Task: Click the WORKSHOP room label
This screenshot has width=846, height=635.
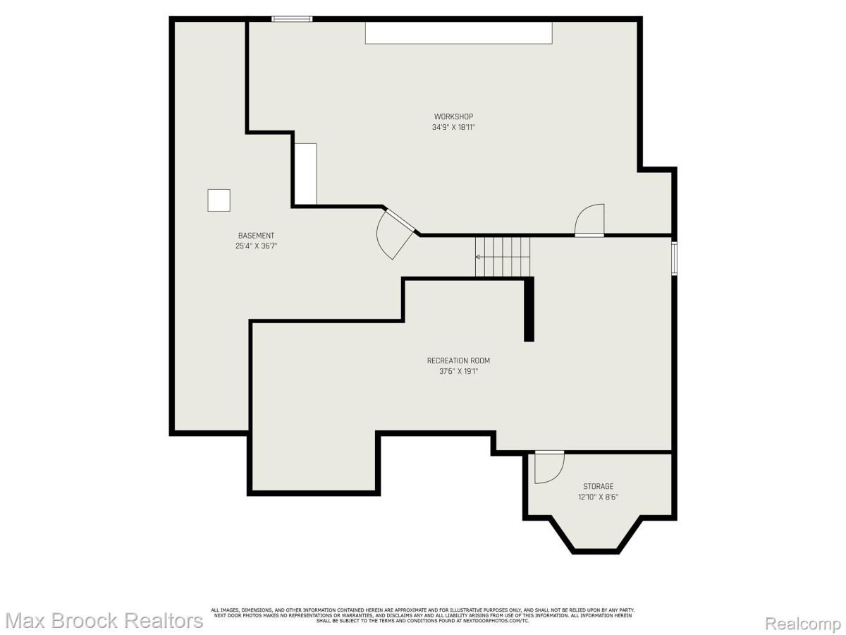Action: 453,116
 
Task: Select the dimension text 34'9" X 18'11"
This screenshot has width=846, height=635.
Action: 453,128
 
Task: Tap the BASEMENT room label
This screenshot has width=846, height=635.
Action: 256,236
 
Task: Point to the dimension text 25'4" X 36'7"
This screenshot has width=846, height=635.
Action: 256,246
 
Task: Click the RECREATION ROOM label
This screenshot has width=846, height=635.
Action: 458,361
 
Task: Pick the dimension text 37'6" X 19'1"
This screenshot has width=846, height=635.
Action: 458,371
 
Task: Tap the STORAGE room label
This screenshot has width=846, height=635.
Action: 598,486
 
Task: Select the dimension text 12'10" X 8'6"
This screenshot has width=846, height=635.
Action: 598,497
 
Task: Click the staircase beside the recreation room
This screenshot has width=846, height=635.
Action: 503,257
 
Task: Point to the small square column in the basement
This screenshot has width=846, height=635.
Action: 219,200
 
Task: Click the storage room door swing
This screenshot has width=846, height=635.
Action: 548,467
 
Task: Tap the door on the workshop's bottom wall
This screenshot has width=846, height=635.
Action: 590,220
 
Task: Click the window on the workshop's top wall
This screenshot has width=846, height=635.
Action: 292,19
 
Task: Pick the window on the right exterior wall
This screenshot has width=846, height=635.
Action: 674,258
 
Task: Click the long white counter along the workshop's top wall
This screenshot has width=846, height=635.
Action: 458,33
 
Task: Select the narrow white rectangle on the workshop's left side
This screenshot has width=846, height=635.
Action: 305,174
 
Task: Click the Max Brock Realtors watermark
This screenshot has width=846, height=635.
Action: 104,621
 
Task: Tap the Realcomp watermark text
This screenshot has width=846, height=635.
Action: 802,624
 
